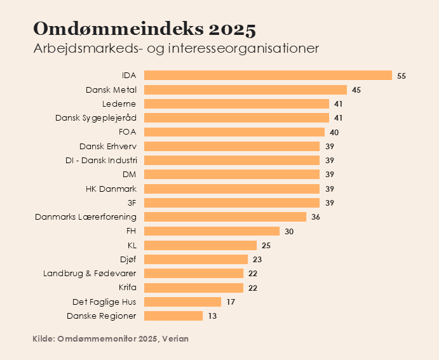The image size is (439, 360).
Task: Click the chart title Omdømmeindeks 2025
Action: (x=144, y=29)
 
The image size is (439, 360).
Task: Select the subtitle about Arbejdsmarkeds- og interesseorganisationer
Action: (x=175, y=49)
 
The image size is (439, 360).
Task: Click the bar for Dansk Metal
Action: (x=244, y=90)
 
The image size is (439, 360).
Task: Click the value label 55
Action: (x=402, y=76)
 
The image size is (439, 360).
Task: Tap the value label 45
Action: (x=356, y=90)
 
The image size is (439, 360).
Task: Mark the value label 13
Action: (x=212, y=316)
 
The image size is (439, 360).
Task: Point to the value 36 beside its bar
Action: (x=316, y=217)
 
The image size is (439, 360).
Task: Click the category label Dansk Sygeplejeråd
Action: (x=96, y=117)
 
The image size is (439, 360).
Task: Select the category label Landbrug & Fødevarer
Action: (x=90, y=273)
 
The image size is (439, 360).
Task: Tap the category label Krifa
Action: (x=127, y=288)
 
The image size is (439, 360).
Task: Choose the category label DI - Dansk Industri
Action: (x=102, y=160)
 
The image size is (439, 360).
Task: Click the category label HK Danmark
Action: (x=111, y=189)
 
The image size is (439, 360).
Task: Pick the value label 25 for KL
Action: (x=266, y=245)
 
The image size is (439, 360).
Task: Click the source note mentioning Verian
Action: (x=111, y=339)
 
